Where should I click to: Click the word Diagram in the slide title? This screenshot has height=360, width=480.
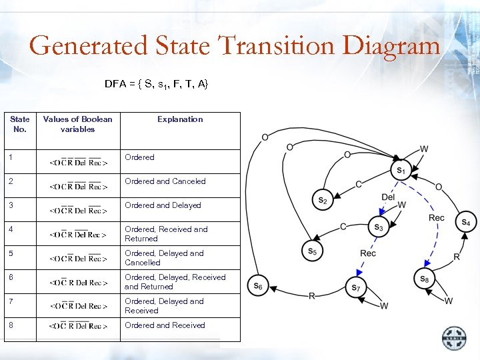point(391,46)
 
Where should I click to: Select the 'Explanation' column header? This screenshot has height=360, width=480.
point(180,119)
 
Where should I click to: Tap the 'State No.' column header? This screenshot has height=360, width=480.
point(20,124)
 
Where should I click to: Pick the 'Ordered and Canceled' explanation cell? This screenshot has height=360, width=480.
point(165,181)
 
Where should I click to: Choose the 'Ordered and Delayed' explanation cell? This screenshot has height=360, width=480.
point(163,205)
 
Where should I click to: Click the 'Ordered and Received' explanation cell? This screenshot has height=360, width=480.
point(165,325)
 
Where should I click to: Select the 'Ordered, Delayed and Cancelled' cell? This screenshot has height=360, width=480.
point(164,258)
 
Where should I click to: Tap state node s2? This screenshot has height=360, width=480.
point(322,199)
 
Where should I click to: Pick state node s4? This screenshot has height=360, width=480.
point(465,222)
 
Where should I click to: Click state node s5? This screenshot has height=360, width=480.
point(312,251)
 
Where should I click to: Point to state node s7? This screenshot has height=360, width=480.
point(356,288)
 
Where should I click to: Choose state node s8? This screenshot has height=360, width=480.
point(423,279)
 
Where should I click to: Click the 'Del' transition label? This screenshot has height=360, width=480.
point(388,197)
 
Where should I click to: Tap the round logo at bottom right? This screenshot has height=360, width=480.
point(455,337)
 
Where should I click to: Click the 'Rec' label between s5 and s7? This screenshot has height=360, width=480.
point(368,253)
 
